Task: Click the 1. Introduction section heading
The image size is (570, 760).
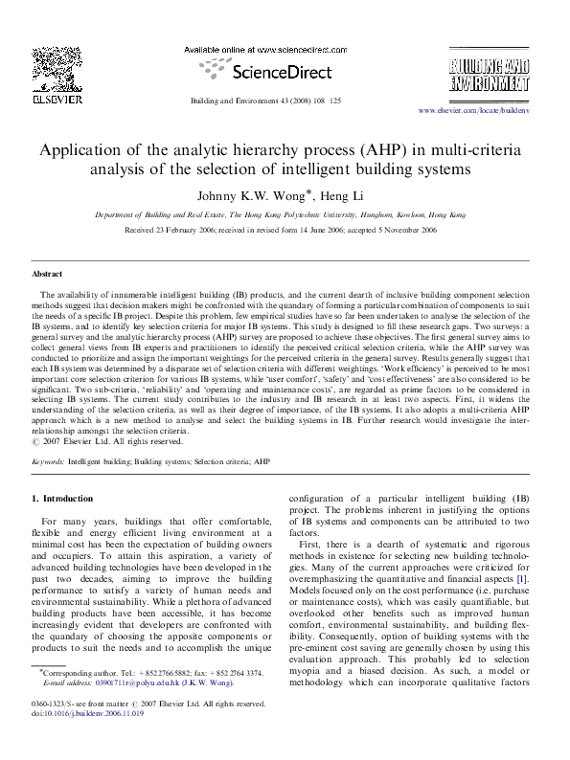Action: click(62, 499)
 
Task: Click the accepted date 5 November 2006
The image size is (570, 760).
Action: click(421, 231)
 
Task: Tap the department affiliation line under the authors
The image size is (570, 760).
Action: click(285, 215)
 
